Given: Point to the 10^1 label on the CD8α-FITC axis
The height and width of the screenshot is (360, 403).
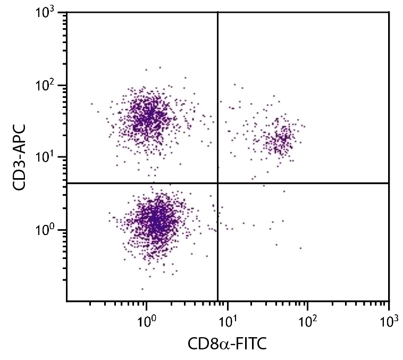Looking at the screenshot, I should tap(227, 321).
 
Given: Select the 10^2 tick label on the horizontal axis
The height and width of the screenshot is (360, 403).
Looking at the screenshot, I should tap(308, 321).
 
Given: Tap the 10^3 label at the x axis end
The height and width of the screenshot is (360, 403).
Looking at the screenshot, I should tap(389, 321).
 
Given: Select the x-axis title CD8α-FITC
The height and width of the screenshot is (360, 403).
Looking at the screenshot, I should tap(227, 345).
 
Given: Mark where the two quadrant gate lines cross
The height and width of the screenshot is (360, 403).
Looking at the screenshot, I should tap(218, 183).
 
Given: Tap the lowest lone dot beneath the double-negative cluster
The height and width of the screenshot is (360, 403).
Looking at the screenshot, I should tap(142, 289).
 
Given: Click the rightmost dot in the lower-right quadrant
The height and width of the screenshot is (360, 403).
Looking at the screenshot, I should tap(300, 248).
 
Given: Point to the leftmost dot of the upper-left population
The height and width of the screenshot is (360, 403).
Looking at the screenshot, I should tap(91, 104).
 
